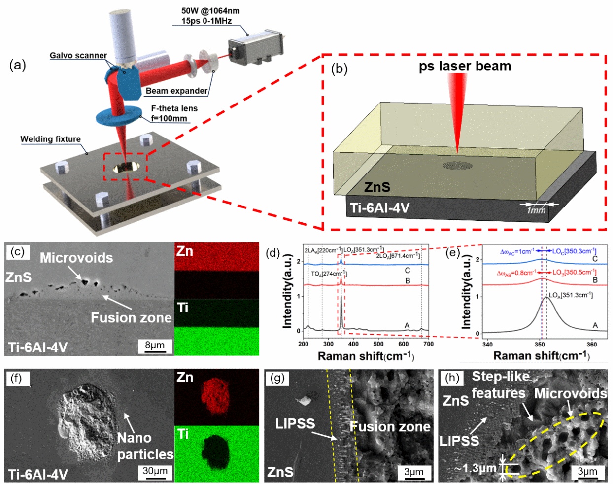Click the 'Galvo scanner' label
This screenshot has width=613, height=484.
pyautogui.click(x=78, y=55)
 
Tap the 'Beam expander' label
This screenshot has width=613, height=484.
pyautogui.click(x=176, y=91)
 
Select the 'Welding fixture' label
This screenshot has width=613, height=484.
pyautogui.click(x=50, y=139)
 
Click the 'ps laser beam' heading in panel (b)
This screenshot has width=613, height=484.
pyautogui.click(x=465, y=66)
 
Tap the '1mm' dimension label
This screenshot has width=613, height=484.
pyautogui.click(x=536, y=210)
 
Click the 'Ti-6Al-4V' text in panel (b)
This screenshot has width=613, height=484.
pyautogui.click(x=380, y=207)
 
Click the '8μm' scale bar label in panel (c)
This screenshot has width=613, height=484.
pyautogui.click(x=155, y=345)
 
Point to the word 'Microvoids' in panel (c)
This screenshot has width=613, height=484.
pyautogui.click(x=76, y=258)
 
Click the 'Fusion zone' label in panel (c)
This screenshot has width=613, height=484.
pyautogui.click(x=131, y=318)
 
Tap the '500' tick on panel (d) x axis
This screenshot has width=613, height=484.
pyautogui.click(x=378, y=344)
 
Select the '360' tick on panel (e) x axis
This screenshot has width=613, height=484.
pyautogui.click(x=591, y=344)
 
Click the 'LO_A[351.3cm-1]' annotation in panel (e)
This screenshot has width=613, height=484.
pyautogui.click(x=571, y=295)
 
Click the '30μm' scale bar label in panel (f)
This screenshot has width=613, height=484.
pyautogui.click(x=155, y=471)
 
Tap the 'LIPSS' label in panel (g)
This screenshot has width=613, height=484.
pyautogui.click(x=295, y=423)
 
